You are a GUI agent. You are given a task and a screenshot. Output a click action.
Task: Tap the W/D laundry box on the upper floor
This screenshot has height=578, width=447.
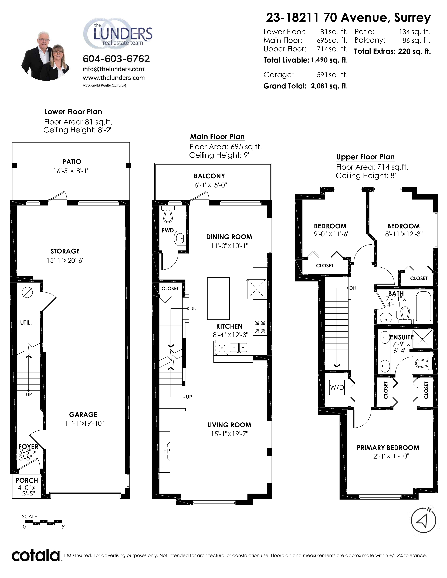pyautogui.click(x=337, y=387)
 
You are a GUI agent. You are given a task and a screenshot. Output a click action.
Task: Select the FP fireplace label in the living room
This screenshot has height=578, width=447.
pyautogui.click(x=167, y=451)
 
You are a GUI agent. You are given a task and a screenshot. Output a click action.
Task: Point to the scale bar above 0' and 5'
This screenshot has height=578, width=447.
pyautogui.click(x=44, y=523)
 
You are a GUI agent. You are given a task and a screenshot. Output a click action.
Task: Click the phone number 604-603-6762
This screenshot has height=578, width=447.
pyautogui.click(x=116, y=59)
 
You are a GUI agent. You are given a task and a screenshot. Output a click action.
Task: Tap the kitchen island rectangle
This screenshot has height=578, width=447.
pyautogui.click(x=218, y=298)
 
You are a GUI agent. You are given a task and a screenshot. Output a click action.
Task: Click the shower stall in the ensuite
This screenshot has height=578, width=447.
pyautogui.click(x=422, y=339)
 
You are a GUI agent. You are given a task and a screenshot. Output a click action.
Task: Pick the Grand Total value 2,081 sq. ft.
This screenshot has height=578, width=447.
pyautogui.click(x=329, y=86)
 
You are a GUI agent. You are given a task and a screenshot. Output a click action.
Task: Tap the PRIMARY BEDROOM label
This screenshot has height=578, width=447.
pyautogui.click(x=388, y=448)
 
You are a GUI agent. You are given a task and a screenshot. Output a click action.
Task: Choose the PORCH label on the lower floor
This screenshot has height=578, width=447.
pyautogui.click(x=27, y=480)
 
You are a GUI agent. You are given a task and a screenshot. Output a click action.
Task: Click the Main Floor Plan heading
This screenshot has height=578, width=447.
pyautogui.click(x=217, y=137)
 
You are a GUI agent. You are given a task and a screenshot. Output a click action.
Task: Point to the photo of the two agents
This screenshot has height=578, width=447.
pyautogui.click(x=45, y=56)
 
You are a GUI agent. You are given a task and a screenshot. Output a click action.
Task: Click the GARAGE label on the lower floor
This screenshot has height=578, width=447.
pyautogui.click(x=83, y=414)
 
